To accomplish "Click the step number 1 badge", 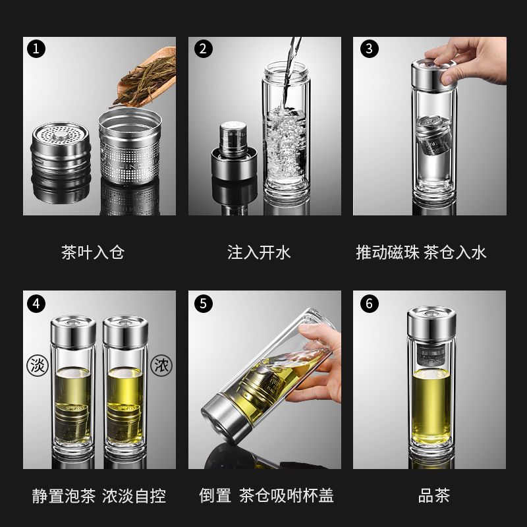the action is pyautogui.click(x=36, y=49).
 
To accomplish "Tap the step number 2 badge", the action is pyautogui.click(x=204, y=49).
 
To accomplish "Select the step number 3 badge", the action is pyautogui.click(x=370, y=49).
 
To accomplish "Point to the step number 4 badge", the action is pyautogui.click(x=36, y=304).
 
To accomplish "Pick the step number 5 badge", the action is pyautogui.click(x=204, y=304).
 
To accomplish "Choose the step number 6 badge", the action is pyautogui.click(x=370, y=304).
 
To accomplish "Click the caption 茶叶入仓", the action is pyautogui.click(x=93, y=252).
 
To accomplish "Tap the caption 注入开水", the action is pyautogui.click(x=259, y=252).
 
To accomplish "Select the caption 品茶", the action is pyautogui.click(x=434, y=495).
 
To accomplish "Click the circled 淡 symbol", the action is pyautogui.click(x=38, y=366).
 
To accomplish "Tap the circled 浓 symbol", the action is pyautogui.click(x=161, y=366).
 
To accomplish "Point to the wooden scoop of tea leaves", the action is pyautogui.click(x=146, y=76).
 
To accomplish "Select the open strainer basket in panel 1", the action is pyautogui.click(x=130, y=146).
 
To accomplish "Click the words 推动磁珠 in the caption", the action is pyautogui.click(x=388, y=252).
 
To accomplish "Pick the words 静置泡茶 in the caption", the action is pyautogui.click(x=64, y=495).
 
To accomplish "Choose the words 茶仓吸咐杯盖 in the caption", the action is pyautogui.click(x=287, y=495).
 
